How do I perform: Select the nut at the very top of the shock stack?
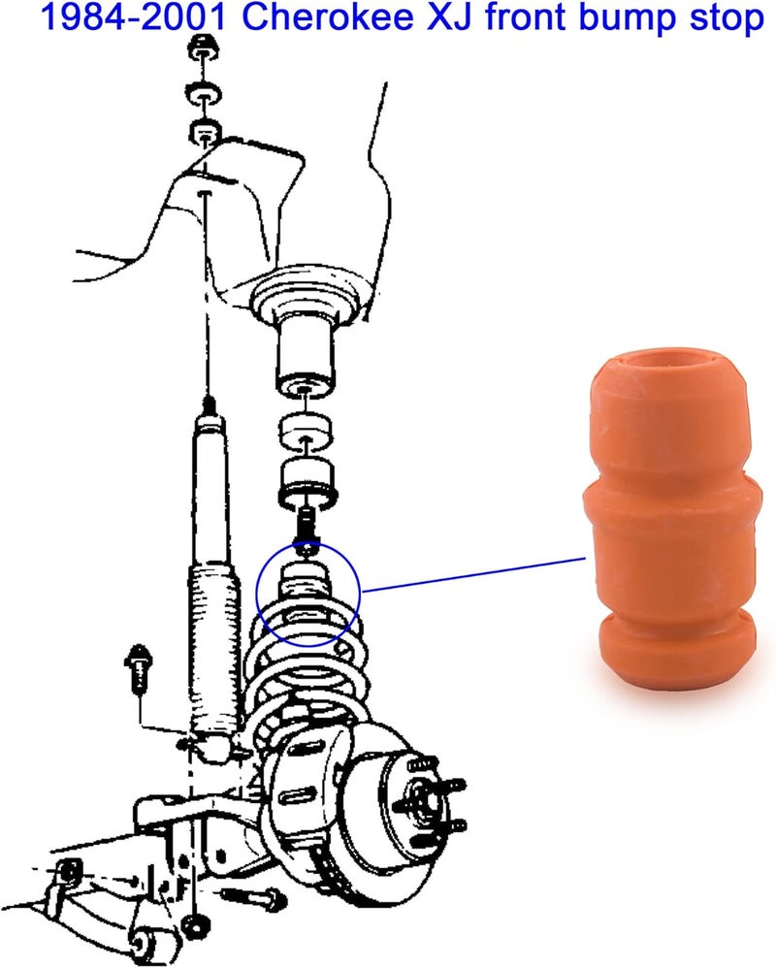[204, 48]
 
